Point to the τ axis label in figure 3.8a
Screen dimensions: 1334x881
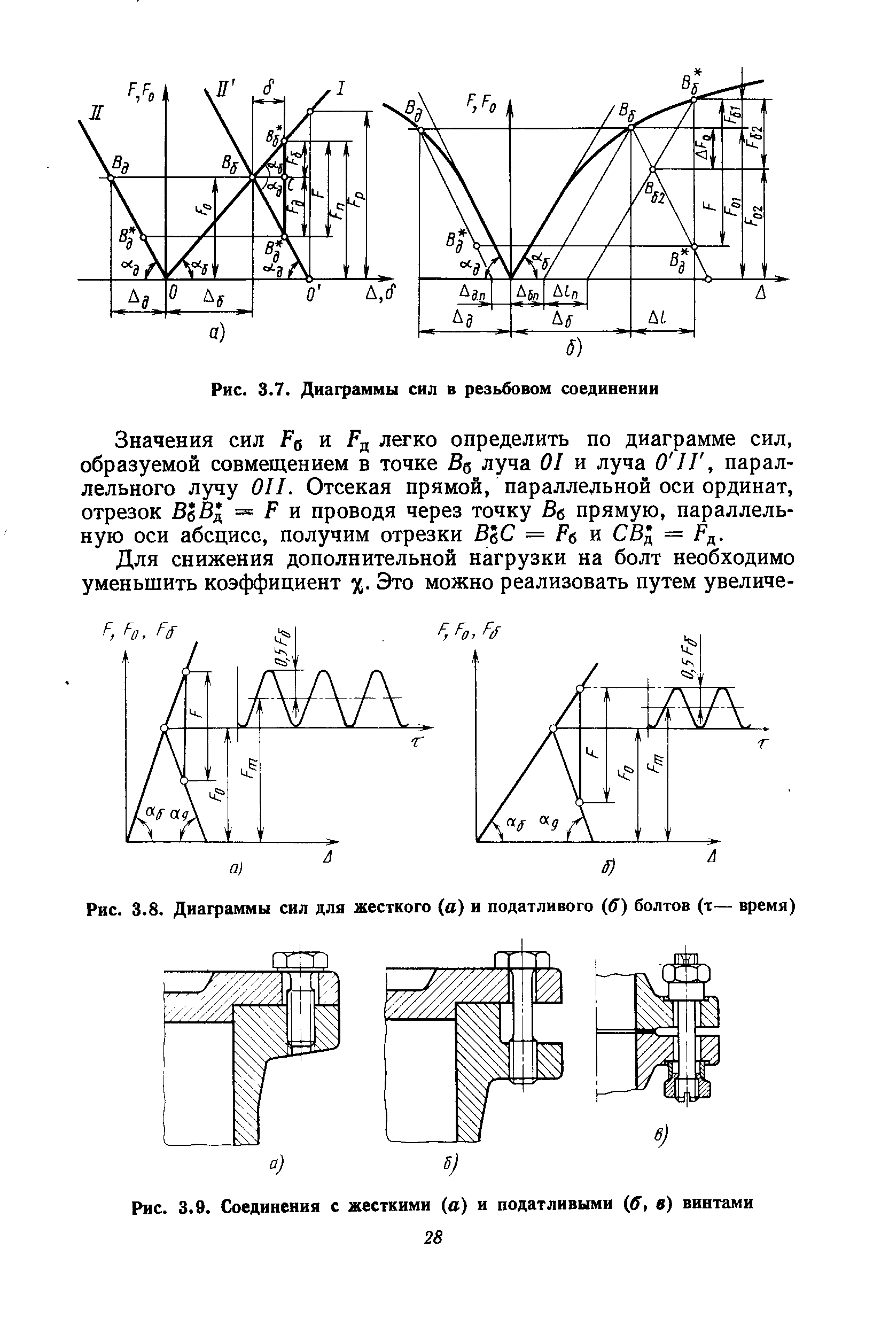(416, 743)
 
